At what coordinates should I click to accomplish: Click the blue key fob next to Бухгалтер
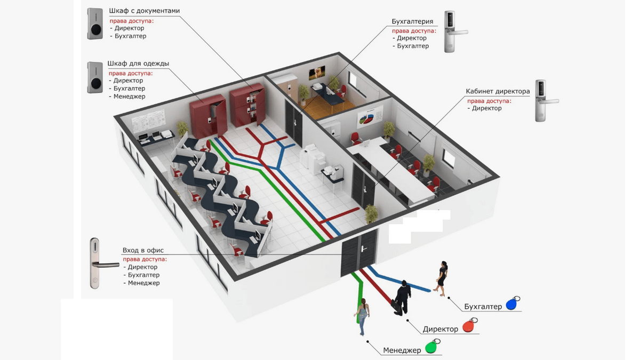513,303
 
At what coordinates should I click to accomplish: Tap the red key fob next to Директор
469,325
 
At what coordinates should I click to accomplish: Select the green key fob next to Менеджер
432,346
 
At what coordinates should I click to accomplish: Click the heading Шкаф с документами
145,11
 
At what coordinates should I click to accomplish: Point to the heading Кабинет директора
498,91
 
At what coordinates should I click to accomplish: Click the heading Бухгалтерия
412,21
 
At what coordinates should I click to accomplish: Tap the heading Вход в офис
143,250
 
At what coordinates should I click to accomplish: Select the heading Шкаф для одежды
138,63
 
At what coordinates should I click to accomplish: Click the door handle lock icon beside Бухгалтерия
454,31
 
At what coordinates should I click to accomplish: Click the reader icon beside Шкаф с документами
95,23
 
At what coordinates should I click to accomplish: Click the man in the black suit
402,298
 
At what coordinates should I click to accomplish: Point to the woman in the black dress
442,278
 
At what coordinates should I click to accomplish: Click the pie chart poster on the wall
370,117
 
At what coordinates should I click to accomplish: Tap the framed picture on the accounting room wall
317,73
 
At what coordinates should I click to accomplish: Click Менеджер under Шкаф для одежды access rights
130,97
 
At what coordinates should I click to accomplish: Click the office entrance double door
358,253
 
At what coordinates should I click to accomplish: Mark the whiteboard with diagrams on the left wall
148,121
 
